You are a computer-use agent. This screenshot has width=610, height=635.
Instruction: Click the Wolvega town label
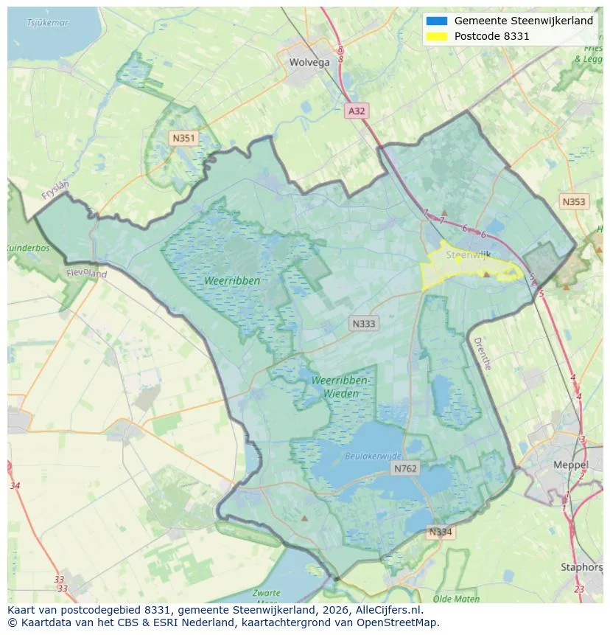(x=309, y=63)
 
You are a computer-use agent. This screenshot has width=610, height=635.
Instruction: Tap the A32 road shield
(x=357, y=111)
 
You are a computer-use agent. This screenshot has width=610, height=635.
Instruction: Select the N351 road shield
(x=183, y=138)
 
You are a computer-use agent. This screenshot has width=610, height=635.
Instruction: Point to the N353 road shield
(x=574, y=201)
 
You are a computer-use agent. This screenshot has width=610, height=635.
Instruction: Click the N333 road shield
(x=364, y=323)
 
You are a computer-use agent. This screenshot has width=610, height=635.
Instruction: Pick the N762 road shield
(x=405, y=468)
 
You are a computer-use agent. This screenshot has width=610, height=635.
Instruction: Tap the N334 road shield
(x=441, y=532)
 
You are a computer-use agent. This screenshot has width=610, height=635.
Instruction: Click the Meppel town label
(x=571, y=465)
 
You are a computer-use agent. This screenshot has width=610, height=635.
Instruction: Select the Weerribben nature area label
(x=233, y=281)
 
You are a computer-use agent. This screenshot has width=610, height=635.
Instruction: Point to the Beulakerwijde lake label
(x=374, y=457)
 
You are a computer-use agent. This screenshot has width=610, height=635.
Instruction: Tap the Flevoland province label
(x=86, y=273)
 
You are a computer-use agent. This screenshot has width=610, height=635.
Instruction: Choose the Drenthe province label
(x=481, y=353)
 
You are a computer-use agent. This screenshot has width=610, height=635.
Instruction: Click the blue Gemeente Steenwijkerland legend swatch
(x=436, y=21)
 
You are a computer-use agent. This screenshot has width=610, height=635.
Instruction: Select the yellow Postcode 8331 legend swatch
(x=436, y=36)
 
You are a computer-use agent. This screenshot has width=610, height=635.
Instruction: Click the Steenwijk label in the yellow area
(x=468, y=254)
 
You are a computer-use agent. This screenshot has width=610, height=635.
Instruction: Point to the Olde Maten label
(x=457, y=599)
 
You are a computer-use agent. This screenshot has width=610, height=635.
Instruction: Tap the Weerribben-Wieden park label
(x=340, y=386)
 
